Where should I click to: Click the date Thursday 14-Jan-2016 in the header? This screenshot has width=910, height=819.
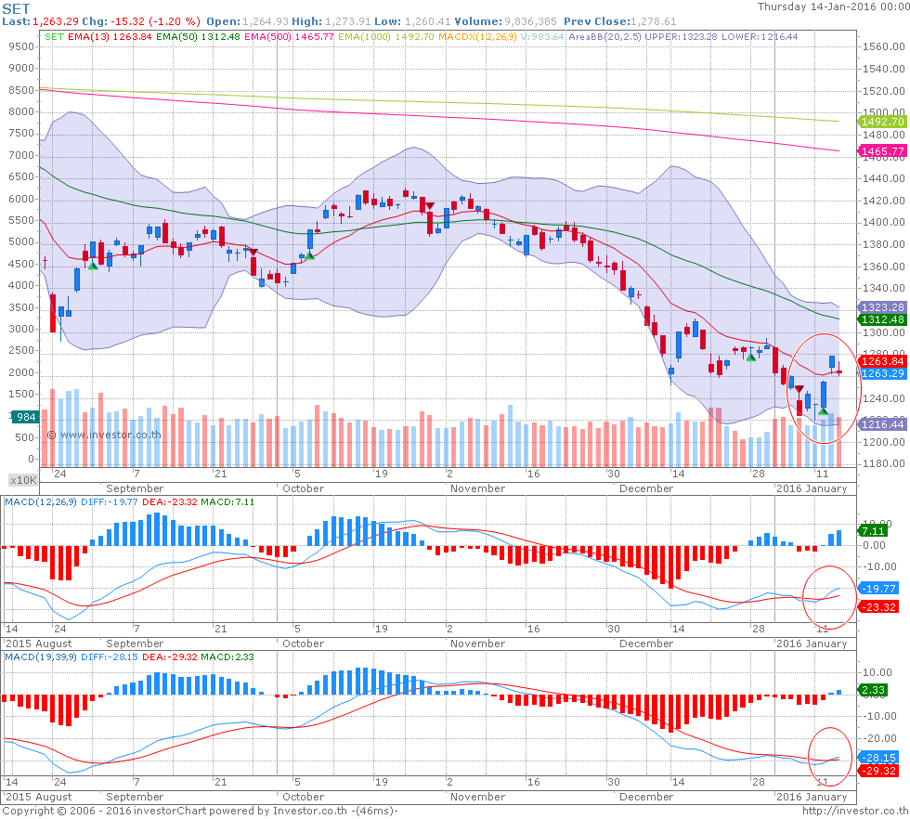coord(831,6)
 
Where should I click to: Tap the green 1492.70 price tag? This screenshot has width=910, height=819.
coord(883,122)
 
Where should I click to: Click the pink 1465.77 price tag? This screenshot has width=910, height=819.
coord(883,150)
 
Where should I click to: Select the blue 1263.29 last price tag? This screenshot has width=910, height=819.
coord(883,373)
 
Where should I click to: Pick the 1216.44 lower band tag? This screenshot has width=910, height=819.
coord(883,424)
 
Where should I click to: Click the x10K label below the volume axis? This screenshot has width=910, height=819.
coord(22,480)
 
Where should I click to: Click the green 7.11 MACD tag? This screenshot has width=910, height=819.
coord(874,531)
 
